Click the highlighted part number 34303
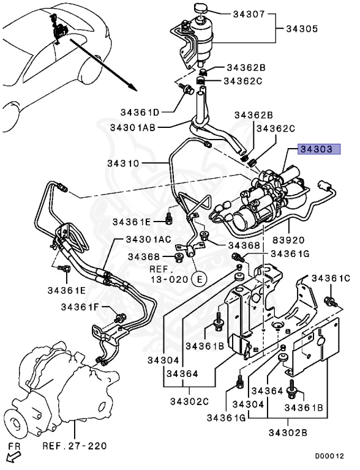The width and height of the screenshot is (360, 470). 319,149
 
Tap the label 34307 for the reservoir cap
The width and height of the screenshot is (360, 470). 249,14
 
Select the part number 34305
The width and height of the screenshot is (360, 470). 301,29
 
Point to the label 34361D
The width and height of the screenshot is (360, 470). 140,112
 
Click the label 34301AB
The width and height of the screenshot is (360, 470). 133,127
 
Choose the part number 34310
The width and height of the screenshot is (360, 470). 123,163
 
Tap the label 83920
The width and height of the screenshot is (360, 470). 288,240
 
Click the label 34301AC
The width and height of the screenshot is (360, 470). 149,239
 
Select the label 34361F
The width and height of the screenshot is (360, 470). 80,307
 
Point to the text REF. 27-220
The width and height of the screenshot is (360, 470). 75,446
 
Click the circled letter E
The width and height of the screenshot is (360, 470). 200,279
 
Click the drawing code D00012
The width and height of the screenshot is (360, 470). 329,456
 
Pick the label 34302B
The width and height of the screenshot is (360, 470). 288,433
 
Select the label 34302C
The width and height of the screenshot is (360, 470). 189,401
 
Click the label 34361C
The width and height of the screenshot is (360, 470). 331,278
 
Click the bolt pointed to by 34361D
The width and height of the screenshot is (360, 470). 187,88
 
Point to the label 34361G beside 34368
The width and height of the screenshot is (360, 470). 290,253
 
